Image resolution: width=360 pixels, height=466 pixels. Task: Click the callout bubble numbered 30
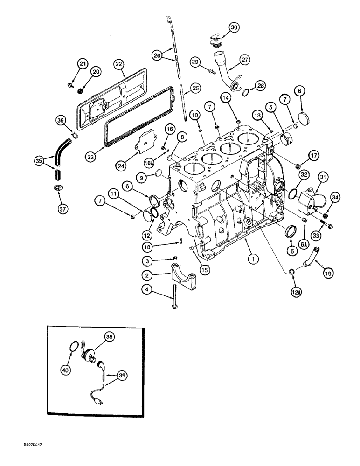[x=234, y=27]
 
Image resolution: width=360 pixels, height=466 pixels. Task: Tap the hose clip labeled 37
[x=57, y=187]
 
